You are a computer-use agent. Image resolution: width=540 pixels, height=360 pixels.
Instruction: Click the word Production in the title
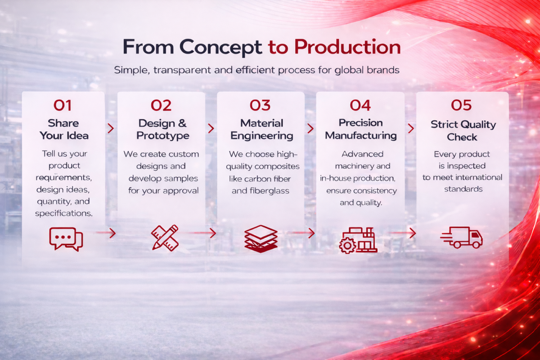(x=347, y=47)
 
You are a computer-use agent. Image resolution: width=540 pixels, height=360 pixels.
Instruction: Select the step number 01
(x=63, y=105)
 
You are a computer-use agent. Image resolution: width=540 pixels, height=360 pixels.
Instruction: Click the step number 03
(x=260, y=105)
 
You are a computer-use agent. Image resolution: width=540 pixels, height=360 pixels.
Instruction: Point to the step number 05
(x=461, y=105)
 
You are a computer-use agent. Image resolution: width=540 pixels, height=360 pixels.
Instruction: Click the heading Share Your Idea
(x=64, y=129)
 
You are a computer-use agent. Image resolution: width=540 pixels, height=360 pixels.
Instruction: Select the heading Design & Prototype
(x=163, y=130)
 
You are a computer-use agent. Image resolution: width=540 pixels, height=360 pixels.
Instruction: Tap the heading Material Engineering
(x=262, y=130)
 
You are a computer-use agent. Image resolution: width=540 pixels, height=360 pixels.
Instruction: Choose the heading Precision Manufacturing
(x=360, y=129)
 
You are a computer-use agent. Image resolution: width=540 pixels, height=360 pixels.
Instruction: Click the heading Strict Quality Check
(x=463, y=130)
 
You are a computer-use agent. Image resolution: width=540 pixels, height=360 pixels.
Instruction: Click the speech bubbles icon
(x=66, y=239)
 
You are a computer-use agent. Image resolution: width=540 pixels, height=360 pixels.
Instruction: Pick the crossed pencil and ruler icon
(x=165, y=238)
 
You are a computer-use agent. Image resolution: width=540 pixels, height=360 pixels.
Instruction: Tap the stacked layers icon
(x=261, y=238)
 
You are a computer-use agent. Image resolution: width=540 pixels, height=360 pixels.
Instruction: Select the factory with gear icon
(x=358, y=240)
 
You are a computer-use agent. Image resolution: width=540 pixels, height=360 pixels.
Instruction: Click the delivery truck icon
(x=461, y=238)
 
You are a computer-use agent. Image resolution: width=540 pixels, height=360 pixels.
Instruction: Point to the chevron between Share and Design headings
(x=111, y=128)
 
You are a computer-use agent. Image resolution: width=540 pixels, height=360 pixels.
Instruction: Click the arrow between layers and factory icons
(x=301, y=233)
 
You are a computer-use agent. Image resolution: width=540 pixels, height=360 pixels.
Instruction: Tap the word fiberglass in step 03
(x=269, y=191)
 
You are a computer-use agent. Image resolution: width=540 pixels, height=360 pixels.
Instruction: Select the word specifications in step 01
(x=63, y=214)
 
